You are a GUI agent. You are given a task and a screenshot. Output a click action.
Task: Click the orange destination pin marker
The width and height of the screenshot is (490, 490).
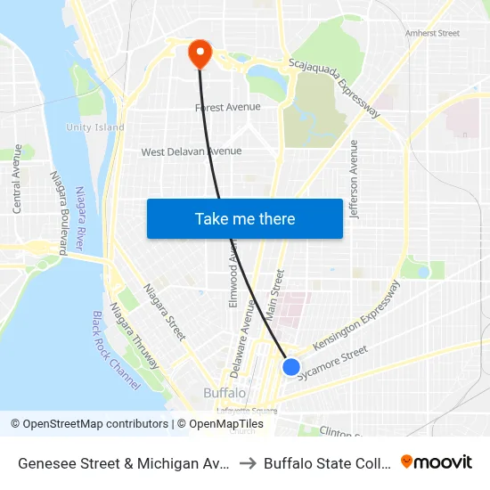[x=199, y=53]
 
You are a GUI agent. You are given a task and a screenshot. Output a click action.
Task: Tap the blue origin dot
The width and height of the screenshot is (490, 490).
[x=291, y=366]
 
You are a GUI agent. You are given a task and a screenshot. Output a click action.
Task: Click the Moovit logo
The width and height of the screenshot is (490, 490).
[x=437, y=462]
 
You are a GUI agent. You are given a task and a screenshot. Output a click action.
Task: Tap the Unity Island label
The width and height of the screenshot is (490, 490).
[x=94, y=127]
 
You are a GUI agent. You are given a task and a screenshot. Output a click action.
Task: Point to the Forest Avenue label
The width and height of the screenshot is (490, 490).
[x=228, y=108]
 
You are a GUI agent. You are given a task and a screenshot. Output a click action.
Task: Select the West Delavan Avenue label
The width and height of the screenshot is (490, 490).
[x=191, y=151]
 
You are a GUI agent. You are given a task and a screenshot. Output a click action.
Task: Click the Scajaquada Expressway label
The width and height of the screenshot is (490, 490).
[x=335, y=88]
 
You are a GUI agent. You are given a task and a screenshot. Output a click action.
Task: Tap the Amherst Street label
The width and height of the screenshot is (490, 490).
[x=432, y=33]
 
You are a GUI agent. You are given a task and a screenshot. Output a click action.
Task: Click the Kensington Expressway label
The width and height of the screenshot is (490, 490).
[x=355, y=317]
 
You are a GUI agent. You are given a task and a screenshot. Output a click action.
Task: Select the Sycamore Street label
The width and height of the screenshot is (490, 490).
[x=332, y=363]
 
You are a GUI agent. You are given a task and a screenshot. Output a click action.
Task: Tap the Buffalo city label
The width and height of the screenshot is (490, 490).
[x=225, y=393]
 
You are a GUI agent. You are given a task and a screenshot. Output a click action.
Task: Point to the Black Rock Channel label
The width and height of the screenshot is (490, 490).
[x=117, y=350]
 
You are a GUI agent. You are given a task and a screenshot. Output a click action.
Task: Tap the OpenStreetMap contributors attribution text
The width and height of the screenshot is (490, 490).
[x=89, y=424]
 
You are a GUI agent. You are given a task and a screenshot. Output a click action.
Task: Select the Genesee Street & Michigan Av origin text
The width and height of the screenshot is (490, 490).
[x=125, y=463]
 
